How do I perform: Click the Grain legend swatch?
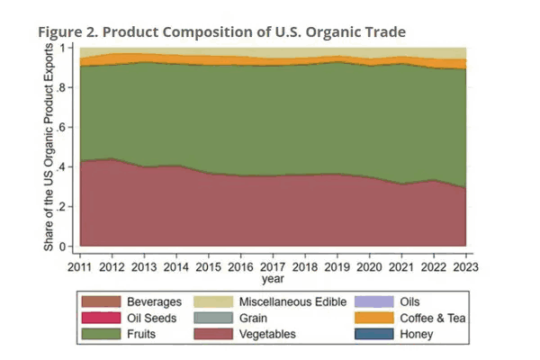(x=216, y=318)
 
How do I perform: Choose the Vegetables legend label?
(x=272, y=334)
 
